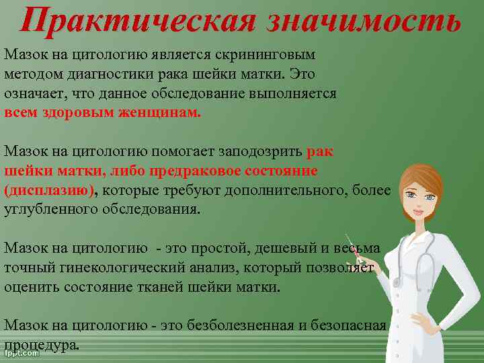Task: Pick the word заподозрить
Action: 261,152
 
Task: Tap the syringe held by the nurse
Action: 354,249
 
